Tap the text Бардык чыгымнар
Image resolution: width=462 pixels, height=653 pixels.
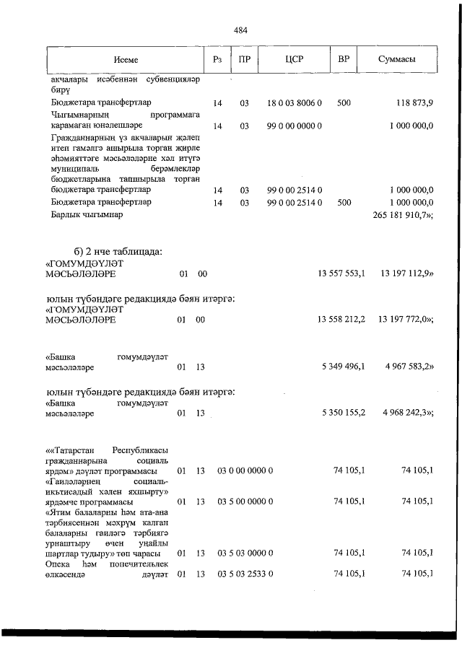point(87,215)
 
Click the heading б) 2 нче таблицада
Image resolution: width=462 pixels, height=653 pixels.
point(113,251)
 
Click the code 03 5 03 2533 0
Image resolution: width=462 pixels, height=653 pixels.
point(245,574)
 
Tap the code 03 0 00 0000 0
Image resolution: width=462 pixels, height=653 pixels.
point(245,471)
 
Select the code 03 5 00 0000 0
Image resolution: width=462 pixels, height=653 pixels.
point(245,501)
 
